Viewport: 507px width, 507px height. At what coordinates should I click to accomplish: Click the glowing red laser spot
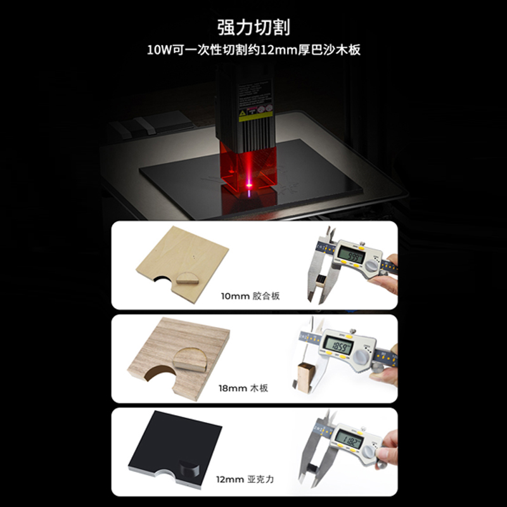(248, 186)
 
